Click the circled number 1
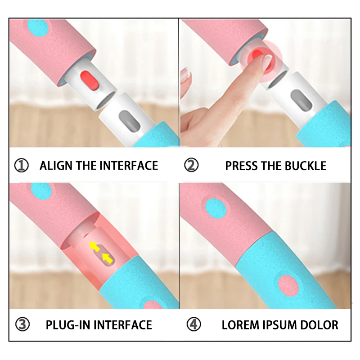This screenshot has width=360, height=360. tap(21, 165)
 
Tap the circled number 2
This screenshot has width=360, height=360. tap(191, 165)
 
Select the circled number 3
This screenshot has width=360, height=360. tap(22, 324)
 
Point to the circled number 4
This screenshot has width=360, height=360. tap(194, 324)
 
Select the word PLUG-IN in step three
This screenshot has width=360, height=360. tap(68, 325)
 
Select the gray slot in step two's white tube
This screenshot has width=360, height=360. tap(301, 99)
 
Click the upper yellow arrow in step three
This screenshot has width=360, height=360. tap(95, 246)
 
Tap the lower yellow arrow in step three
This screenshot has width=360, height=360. tap(108, 258)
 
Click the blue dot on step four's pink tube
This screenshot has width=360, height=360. tap(216, 208)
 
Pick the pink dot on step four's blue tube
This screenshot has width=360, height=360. tap(288, 285)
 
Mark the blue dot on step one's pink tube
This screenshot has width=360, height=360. tap(38, 28)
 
